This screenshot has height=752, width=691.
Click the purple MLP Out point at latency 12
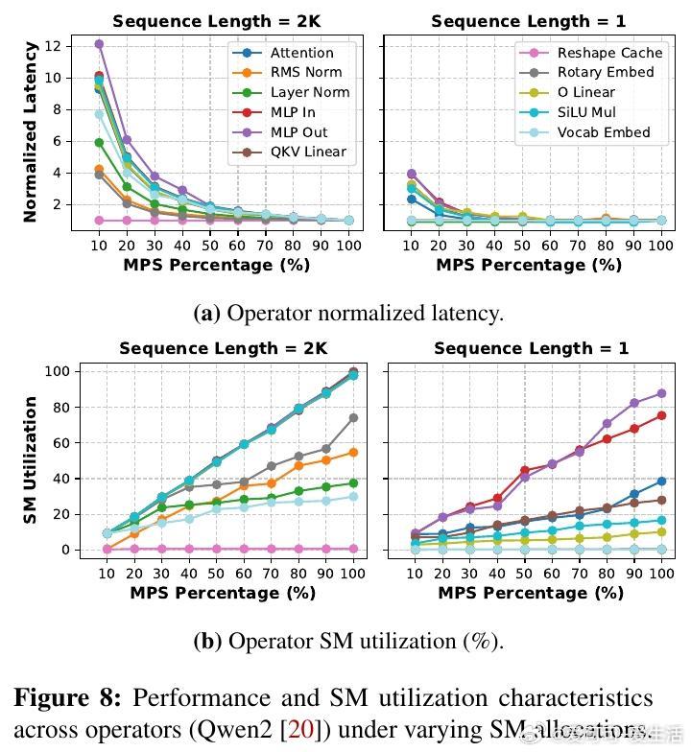(x=99, y=44)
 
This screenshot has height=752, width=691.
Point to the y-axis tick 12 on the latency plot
(x=54, y=45)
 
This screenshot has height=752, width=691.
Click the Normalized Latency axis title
(x=30, y=131)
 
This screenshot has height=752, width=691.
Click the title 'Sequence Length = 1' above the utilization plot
(x=531, y=348)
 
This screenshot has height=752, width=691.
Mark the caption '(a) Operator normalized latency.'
(x=347, y=313)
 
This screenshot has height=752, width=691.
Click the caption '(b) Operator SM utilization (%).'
(x=347, y=641)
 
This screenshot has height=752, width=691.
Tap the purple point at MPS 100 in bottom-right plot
(x=661, y=393)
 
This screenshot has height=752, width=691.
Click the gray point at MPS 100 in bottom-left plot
(x=353, y=417)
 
